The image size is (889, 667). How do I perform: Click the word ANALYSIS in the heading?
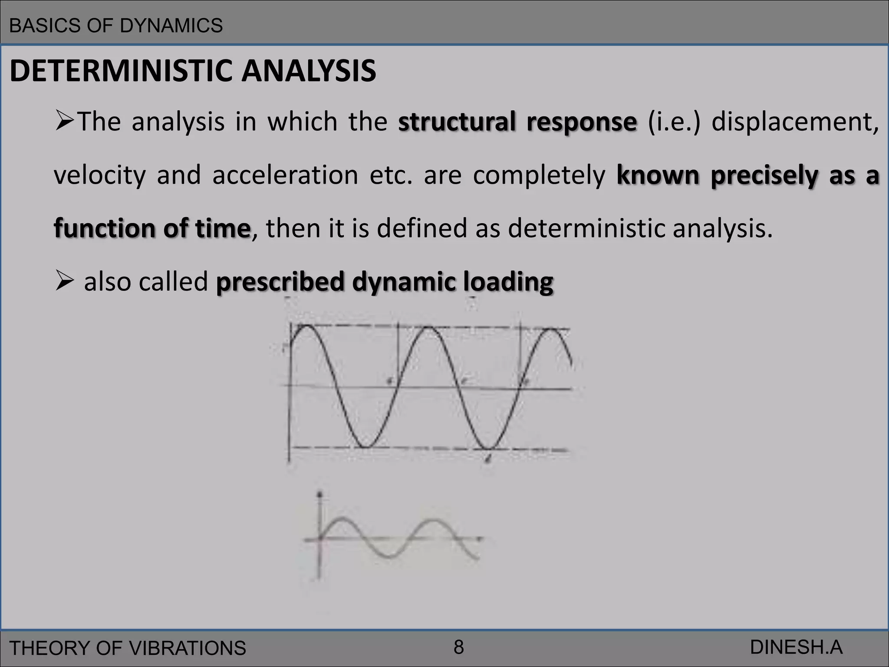309,71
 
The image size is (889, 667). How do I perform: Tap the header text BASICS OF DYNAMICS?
116,26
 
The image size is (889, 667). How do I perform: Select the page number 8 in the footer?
458,647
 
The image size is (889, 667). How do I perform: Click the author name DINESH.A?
796,647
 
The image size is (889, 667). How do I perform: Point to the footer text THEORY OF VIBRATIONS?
128,648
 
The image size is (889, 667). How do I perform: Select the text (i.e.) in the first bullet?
674,122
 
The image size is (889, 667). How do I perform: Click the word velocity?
100,175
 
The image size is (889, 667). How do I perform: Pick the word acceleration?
285,175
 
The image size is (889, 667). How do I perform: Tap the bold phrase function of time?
152,228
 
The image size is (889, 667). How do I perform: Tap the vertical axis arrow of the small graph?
320,495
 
